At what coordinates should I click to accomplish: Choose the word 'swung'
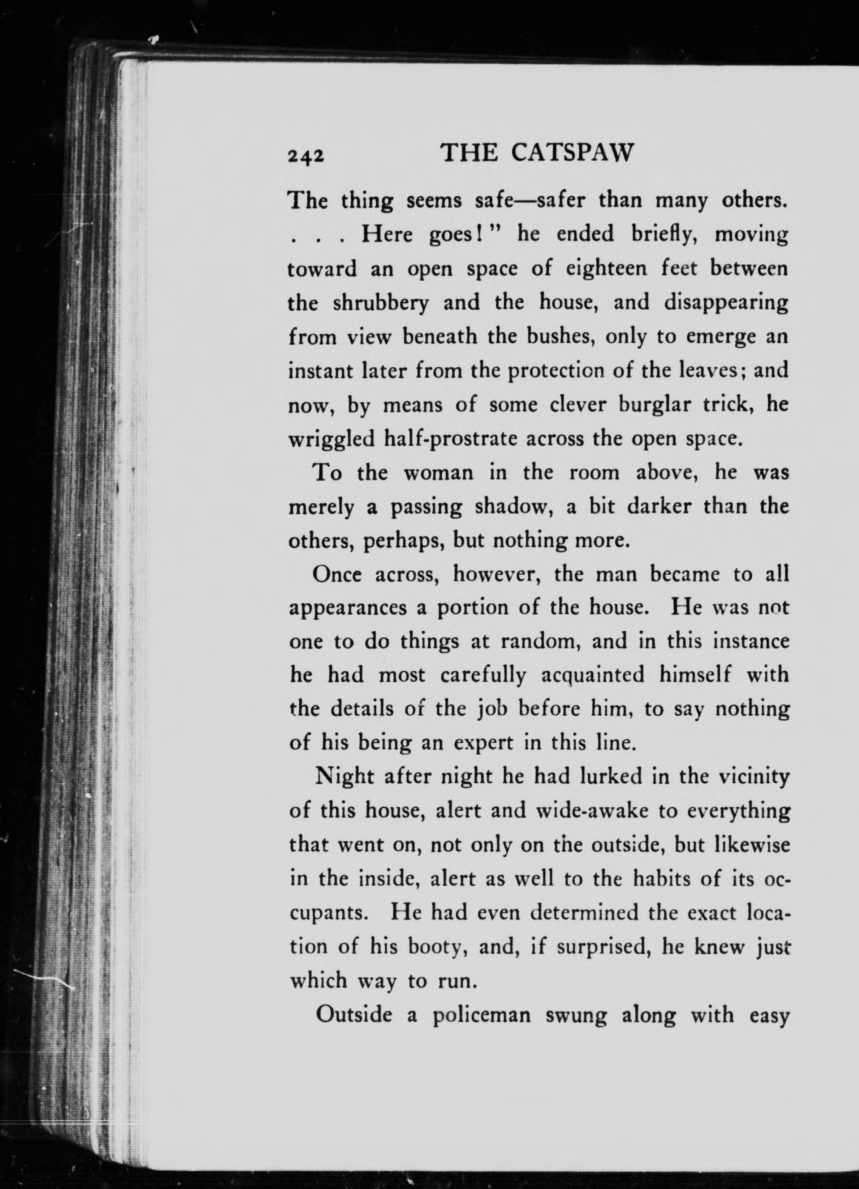pos(576,1016)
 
